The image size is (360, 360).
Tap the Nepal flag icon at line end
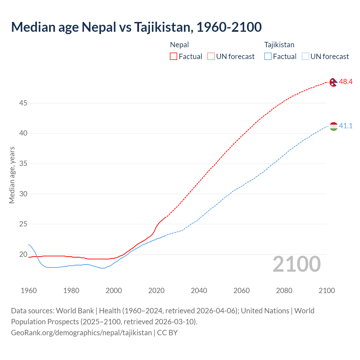[x=334, y=82]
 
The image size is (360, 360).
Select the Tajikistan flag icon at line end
[x=334, y=126]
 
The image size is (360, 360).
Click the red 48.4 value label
[x=346, y=82]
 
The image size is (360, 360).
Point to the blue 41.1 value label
[x=346, y=126]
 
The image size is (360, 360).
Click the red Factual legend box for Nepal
[x=174, y=57]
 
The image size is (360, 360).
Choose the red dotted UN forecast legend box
[x=211, y=57]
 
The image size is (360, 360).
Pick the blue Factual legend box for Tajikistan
[x=268, y=57]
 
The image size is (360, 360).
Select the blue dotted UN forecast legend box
[x=305, y=57]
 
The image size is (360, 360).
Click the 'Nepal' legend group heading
[x=179, y=45]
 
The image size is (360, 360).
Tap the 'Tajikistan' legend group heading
[x=279, y=45]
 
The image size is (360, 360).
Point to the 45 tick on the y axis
[x=23, y=103]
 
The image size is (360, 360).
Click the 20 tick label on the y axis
[x=23, y=255]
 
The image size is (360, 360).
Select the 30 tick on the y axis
[x=23, y=194]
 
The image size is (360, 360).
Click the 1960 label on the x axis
[x=29, y=291]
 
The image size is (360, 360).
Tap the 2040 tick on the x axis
[x=199, y=291]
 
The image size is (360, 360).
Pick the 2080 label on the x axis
[x=284, y=291]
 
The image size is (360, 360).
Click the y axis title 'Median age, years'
[x=12, y=175]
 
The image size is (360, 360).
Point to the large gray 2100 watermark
[x=297, y=264]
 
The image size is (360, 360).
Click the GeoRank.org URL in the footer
[x=81, y=333]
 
